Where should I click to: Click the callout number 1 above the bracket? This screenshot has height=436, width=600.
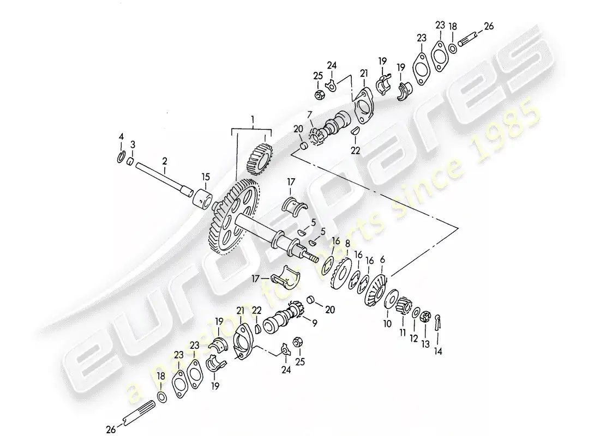[x=253, y=121]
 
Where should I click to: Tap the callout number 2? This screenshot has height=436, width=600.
[x=165, y=161]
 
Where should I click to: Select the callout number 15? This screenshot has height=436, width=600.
[x=206, y=177]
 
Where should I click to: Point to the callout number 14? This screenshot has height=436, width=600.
[x=439, y=351]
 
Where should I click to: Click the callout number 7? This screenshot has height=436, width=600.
[x=309, y=115]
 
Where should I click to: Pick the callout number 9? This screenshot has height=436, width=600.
[x=315, y=323]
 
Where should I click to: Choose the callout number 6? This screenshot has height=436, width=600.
[x=382, y=260]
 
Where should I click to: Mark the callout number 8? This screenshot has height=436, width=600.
[x=347, y=244]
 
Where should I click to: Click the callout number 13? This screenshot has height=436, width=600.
[x=425, y=344]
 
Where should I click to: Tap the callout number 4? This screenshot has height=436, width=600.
[x=121, y=137]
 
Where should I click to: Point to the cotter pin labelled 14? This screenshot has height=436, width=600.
[x=439, y=320]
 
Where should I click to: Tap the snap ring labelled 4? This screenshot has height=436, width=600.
[x=121, y=157]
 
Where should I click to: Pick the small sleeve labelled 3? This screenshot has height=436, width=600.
[x=130, y=161]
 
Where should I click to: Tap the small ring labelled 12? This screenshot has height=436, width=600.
[x=416, y=313]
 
